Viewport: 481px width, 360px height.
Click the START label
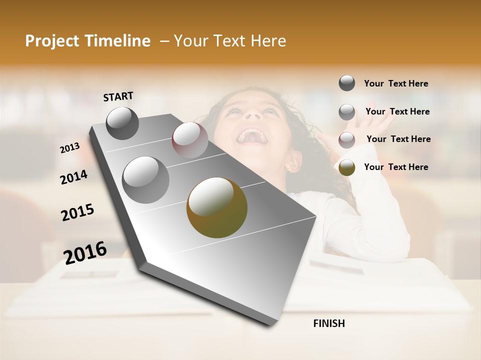tap(118, 96)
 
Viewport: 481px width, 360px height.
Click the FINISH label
tap(329, 323)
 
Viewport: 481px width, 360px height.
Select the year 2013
tap(70, 148)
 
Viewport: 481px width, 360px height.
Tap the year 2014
tap(74, 177)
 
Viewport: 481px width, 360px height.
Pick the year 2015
tap(78, 212)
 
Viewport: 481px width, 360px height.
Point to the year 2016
tap(85, 252)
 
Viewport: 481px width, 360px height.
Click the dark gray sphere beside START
tap(122, 123)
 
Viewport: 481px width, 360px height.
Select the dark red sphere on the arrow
tap(189, 140)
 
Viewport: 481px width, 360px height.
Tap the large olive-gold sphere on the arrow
tap(217, 207)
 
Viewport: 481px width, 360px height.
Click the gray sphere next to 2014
tap(145, 179)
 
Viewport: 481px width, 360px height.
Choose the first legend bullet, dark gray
tap(347, 83)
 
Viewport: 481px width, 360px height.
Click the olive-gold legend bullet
tap(347, 167)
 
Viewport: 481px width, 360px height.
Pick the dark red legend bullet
tap(347, 140)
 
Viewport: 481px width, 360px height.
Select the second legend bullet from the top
tap(347, 112)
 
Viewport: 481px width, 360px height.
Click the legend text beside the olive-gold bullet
tap(396, 167)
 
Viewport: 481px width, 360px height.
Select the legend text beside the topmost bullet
tap(396, 83)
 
